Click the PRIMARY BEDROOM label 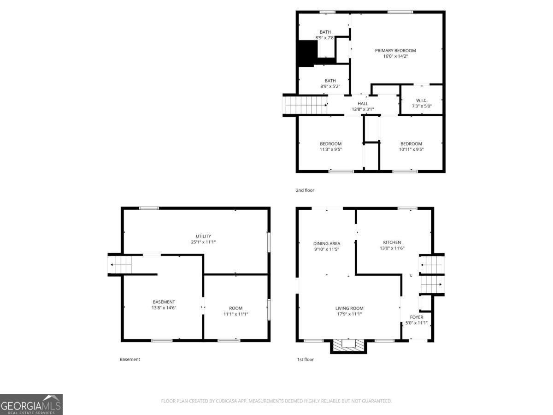click(395, 51)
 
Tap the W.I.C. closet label click(422, 100)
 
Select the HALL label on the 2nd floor click(363, 104)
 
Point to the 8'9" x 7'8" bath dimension click(325, 38)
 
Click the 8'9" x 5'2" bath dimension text click(330, 86)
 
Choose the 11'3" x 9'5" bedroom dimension click(330, 149)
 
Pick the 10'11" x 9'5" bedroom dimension click(411, 149)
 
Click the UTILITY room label click(203, 237)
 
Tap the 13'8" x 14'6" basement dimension click(164, 308)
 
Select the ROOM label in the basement click(235, 308)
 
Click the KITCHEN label click(392, 243)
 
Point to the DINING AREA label click(327, 243)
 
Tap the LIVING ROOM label click(349, 308)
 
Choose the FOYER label click(417, 317)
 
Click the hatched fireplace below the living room click(348, 345)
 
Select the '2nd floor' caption click(305, 190)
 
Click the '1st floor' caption click(306, 360)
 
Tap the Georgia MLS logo click(31, 404)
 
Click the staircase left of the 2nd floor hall click(305, 105)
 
